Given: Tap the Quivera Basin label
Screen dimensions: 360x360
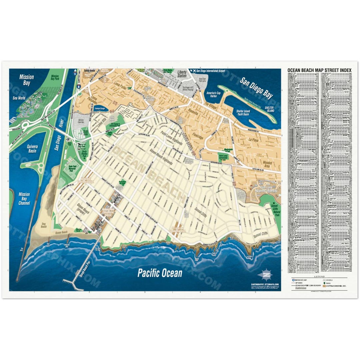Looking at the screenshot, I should (32, 149).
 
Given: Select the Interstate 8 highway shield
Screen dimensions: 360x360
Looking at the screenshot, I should (78, 86).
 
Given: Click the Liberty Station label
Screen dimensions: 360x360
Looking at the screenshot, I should (182, 74).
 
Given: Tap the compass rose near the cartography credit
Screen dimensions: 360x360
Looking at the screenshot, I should (265, 275).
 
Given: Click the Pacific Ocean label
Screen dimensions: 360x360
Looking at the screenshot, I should (160, 273).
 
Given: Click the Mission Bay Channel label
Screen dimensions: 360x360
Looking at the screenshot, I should (24, 199).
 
